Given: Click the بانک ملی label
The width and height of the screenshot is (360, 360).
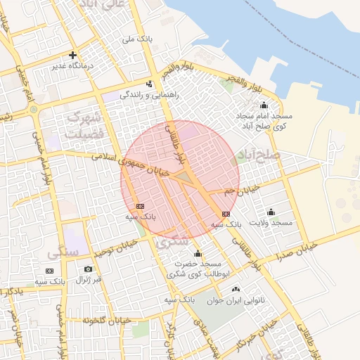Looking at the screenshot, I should tap(137, 40).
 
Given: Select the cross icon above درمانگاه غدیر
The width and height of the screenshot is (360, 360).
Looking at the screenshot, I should tap(72, 55).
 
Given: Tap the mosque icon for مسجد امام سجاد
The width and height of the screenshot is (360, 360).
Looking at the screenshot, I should tap(264, 105).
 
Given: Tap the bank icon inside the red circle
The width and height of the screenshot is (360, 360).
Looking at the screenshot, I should tap(140, 206).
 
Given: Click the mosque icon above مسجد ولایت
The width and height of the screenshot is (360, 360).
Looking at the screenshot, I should tap(271, 212).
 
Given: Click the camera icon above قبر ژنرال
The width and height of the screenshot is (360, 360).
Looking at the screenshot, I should tap(88, 269).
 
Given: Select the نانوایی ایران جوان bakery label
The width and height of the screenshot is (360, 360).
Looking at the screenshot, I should tap(235, 300).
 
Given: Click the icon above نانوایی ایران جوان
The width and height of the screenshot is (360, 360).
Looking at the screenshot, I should tap(236, 289).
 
